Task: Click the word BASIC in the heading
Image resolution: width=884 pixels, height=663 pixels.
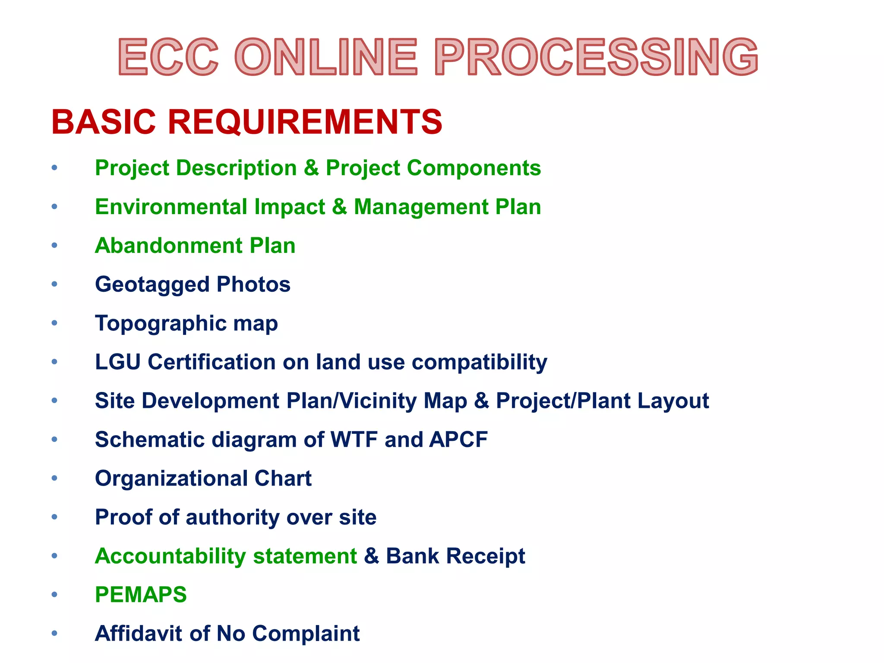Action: (104, 122)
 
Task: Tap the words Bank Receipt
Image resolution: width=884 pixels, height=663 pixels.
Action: (455, 556)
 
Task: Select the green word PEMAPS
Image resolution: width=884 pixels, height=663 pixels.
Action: (141, 595)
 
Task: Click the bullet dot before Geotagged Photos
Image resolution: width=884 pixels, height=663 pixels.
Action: (54, 284)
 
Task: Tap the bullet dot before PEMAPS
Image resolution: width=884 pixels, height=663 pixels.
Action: (54, 594)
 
